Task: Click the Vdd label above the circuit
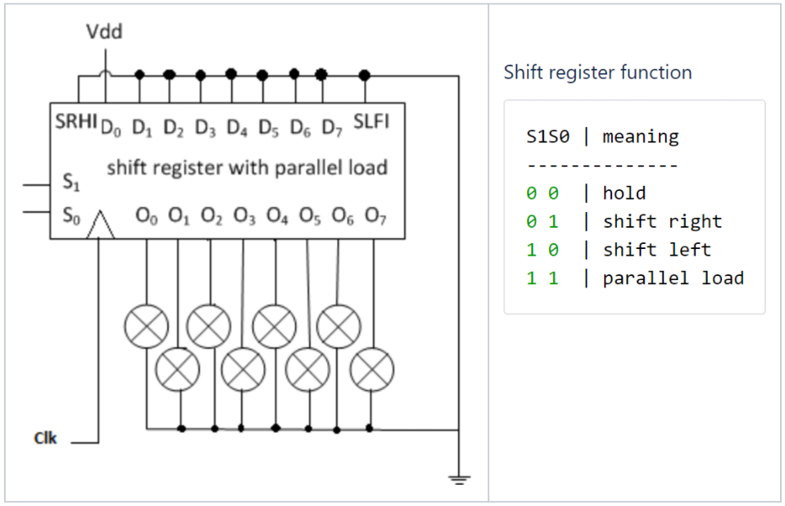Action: [105, 33]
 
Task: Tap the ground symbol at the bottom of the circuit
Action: [461, 480]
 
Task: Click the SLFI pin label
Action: [371, 123]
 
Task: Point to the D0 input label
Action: [110, 128]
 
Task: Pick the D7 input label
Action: [331, 128]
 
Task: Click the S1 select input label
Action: [70, 183]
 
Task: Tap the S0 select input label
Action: [70, 215]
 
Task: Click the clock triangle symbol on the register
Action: [100, 226]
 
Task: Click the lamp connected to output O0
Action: [146, 326]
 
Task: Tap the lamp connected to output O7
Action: [372, 369]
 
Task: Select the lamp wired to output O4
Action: [275, 326]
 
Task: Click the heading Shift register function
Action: [597, 72]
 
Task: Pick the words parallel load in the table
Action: [673, 278]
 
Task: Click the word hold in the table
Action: [624, 193]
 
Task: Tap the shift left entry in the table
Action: [656, 250]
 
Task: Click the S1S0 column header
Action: [547, 136]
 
